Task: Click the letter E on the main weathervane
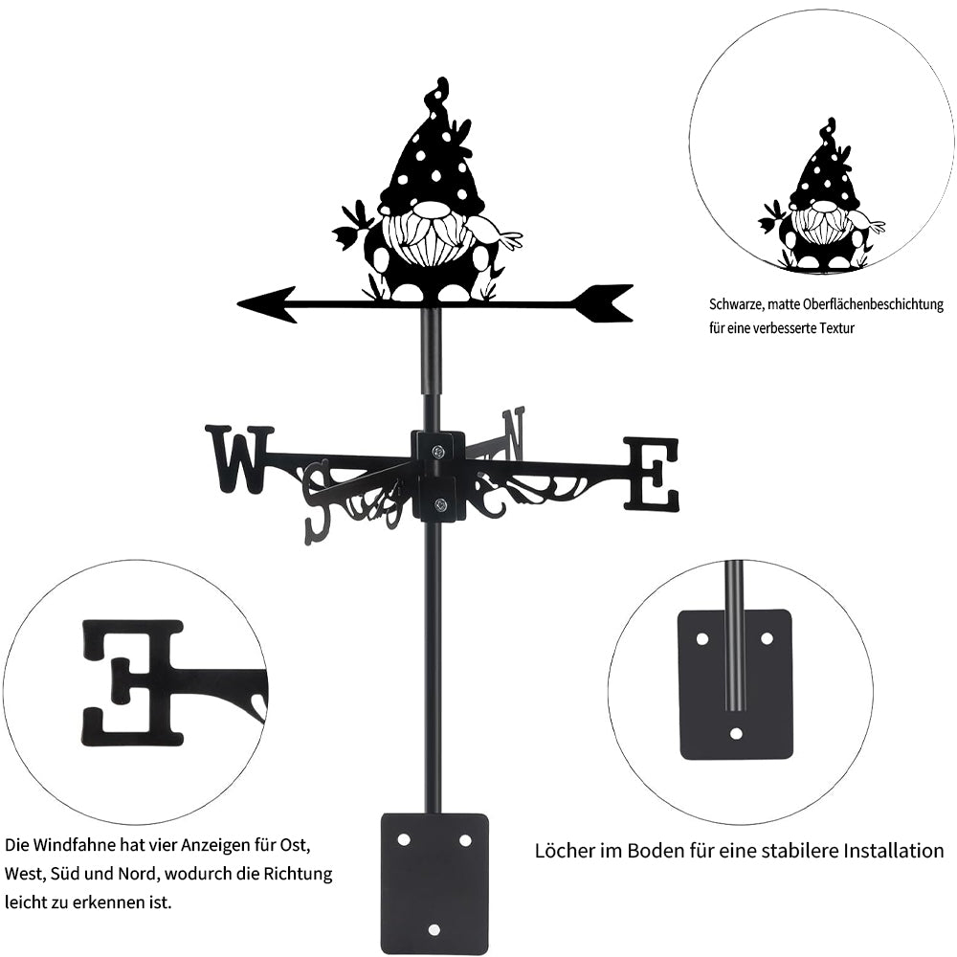pyautogui.click(x=652, y=473)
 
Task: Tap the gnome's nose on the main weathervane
pyautogui.click(x=430, y=211)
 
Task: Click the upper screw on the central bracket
pyautogui.click(x=438, y=452)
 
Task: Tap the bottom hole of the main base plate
pyautogui.click(x=434, y=928)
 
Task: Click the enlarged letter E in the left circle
pyautogui.click(x=134, y=681)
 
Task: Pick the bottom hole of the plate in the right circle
pyautogui.click(x=736, y=734)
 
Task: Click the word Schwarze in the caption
pyautogui.click(x=736, y=305)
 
